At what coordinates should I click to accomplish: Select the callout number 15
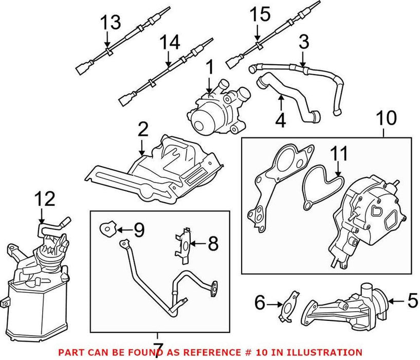pyautogui.click(x=260, y=14)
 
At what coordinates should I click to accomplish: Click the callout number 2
pyautogui.click(x=142, y=129)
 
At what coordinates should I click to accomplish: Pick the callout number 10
pyautogui.click(x=386, y=119)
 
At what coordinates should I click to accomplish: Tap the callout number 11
pyautogui.click(x=339, y=153)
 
